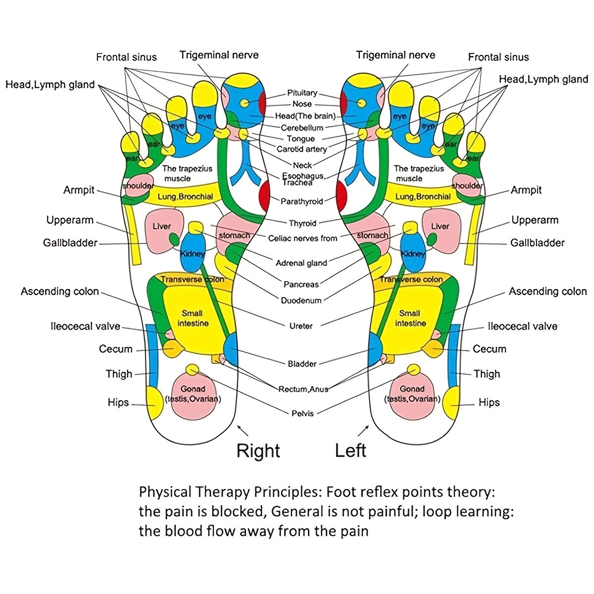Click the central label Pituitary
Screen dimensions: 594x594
[302, 93]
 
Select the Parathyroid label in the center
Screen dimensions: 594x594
[301, 201]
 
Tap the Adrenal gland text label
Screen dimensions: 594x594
[301, 263]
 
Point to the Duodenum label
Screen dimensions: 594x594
[301, 300]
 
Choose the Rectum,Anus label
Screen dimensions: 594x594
[303, 389]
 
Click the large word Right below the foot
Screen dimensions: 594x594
[258, 451]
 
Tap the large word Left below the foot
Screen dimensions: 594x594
[350, 451]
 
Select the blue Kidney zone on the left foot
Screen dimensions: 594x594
[412, 252]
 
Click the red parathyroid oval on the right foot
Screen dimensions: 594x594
[264, 195]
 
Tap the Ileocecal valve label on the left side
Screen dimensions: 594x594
[85, 327]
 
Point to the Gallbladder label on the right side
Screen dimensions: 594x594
[537, 243]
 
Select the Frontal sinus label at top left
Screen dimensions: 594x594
[126, 57]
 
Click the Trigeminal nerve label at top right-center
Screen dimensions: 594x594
[396, 55]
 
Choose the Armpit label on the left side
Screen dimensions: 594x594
[79, 190]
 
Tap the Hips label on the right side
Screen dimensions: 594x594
[489, 402]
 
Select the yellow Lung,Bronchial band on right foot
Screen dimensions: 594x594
[185, 197]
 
